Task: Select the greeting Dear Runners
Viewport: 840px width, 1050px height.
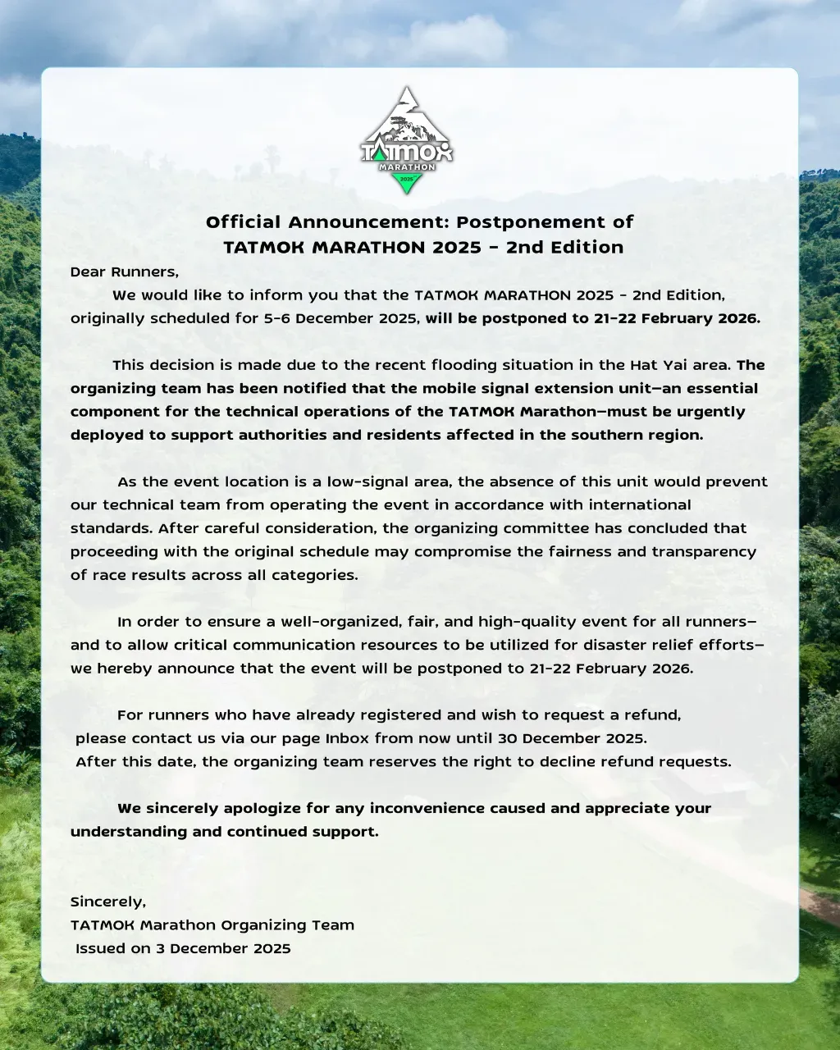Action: point(124,272)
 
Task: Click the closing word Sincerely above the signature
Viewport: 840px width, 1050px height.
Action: point(107,902)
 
